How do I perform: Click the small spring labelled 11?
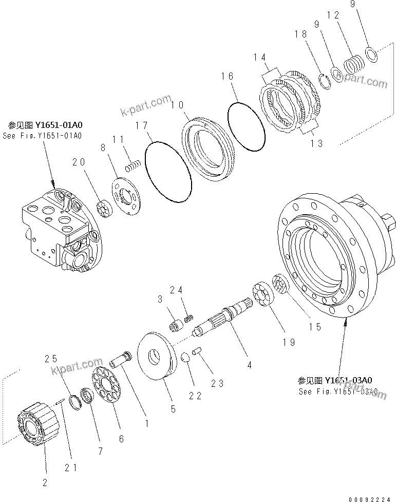click(133, 168)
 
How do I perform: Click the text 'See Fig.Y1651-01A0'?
click(42, 136)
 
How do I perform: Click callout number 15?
click(314, 327)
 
